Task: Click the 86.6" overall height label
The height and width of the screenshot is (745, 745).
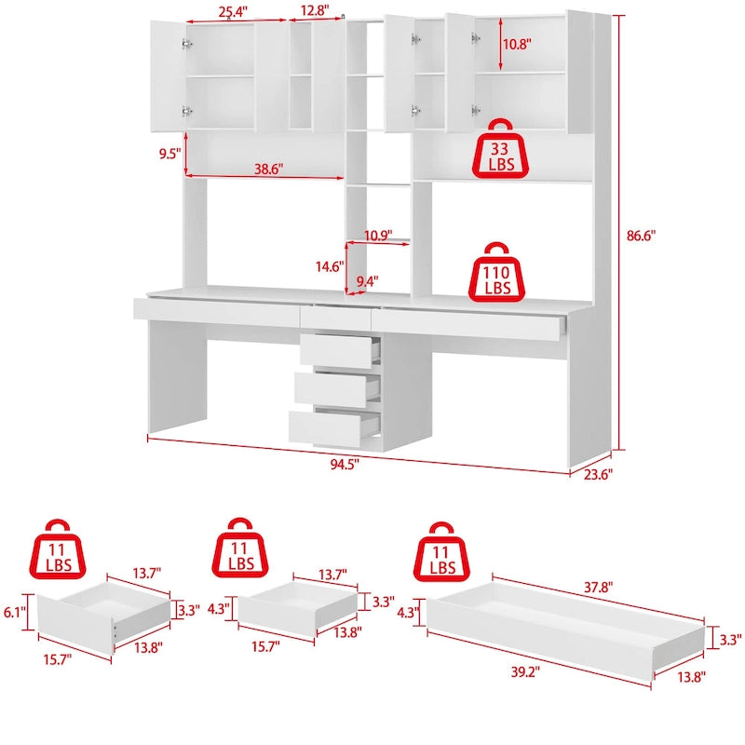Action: pyautogui.click(x=641, y=237)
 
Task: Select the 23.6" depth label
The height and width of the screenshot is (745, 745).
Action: pyautogui.click(x=596, y=473)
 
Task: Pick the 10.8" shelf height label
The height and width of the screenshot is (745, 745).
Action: pyautogui.click(x=520, y=44)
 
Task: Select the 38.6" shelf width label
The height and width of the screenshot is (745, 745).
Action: pyautogui.click(x=267, y=169)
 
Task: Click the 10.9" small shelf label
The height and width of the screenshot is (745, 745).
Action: pyautogui.click(x=378, y=234)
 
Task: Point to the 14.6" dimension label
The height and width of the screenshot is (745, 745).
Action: pyautogui.click(x=329, y=266)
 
